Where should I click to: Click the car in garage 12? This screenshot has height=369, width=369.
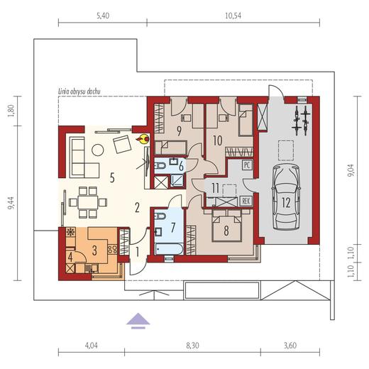tap(286, 197)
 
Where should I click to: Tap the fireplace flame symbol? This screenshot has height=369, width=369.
tap(143, 139)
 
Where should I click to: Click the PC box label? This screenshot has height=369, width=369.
tap(247, 165)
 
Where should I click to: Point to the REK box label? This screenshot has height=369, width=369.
tap(246, 201)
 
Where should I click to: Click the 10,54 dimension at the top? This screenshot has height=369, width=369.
tap(233, 16)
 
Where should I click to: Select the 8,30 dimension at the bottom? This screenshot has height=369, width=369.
tap(192, 346)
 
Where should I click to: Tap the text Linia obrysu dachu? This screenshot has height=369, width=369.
tap(79, 92)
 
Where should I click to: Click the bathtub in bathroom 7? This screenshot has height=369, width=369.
tap(169, 249)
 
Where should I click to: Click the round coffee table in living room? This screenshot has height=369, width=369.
tap(97, 150)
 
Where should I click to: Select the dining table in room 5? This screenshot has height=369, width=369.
tap(88, 202)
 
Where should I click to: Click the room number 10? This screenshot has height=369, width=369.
tap(218, 141)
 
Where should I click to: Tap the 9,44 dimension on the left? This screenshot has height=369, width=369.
tap(11, 203)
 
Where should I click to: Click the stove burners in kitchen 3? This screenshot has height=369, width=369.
tap(113, 250)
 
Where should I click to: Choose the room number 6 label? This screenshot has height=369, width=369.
tap(181, 166)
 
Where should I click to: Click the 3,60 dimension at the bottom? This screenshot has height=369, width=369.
tap(290, 346)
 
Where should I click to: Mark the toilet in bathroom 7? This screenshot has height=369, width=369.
tap(160, 216)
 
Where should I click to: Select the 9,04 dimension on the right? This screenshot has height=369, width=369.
tap(353, 170)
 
